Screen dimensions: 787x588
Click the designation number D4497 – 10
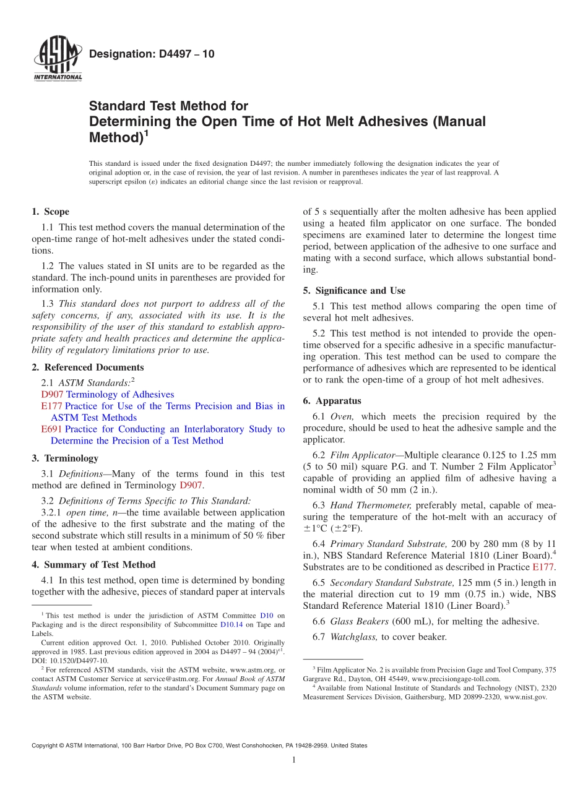coord(152,54)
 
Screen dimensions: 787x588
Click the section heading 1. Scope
coord(50,212)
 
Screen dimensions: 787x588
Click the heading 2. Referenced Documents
coord(87,367)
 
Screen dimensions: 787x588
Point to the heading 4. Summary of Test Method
coord(93,564)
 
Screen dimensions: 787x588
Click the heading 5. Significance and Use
coord(354,290)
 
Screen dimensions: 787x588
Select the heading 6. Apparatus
coord(332,400)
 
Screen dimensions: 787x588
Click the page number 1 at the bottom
coord(294,760)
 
